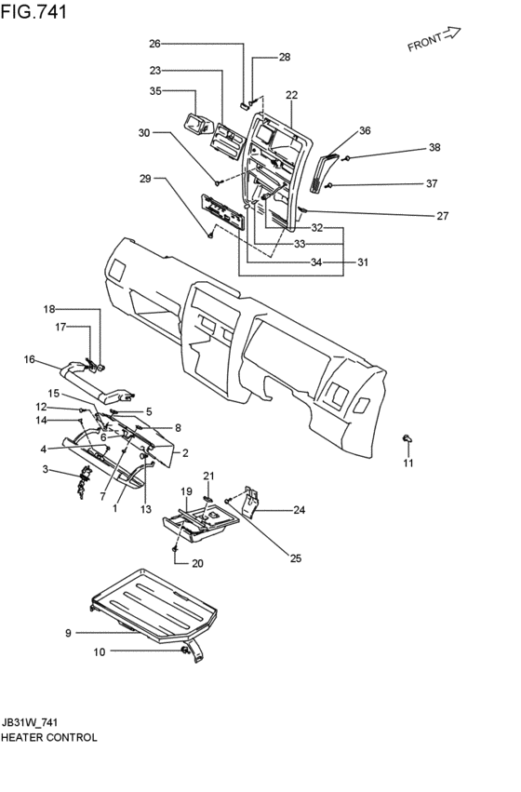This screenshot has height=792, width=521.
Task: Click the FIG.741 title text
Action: pyautogui.click(x=33, y=11)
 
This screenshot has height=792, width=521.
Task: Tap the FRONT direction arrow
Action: pyautogui.click(x=452, y=34)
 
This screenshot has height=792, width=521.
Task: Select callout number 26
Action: pyautogui.click(x=154, y=44)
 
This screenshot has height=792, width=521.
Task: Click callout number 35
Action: pyautogui.click(x=155, y=91)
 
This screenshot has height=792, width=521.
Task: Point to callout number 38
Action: pyautogui.click(x=434, y=147)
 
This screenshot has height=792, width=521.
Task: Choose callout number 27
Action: pyautogui.click(x=442, y=216)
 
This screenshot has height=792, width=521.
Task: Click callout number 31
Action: pyautogui.click(x=363, y=262)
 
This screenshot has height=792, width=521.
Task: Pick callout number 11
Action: pyautogui.click(x=407, y=463)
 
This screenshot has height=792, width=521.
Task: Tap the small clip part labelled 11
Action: pyautogui.click(x=407, y=438)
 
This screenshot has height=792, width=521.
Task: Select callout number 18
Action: pyautogui.click(x=49, y=309)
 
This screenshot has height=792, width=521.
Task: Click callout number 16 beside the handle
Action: pyautogui.click(x=29, y=359)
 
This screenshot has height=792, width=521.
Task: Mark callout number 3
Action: pyautogui.click(x=45, y=469)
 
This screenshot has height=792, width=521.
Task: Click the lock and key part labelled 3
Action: pyautogui.click(x=83, y=483)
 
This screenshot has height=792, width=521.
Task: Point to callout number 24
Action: pyautogui.click(x=300, y=510)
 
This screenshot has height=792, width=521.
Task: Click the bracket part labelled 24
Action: pyautogui.click(x=251, y=503)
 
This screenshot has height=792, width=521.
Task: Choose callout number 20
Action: pyautogui.click(x=197, y=563)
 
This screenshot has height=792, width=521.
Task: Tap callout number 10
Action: pyautogui.click(x=100, y=652)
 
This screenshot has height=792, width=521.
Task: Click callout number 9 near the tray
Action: pyautogui.click(x=68, y=633)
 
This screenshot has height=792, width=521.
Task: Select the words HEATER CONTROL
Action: pyautogui.click(x=49, y=737)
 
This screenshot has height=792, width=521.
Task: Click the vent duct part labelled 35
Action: pyautogui.click(x=197, y=124)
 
